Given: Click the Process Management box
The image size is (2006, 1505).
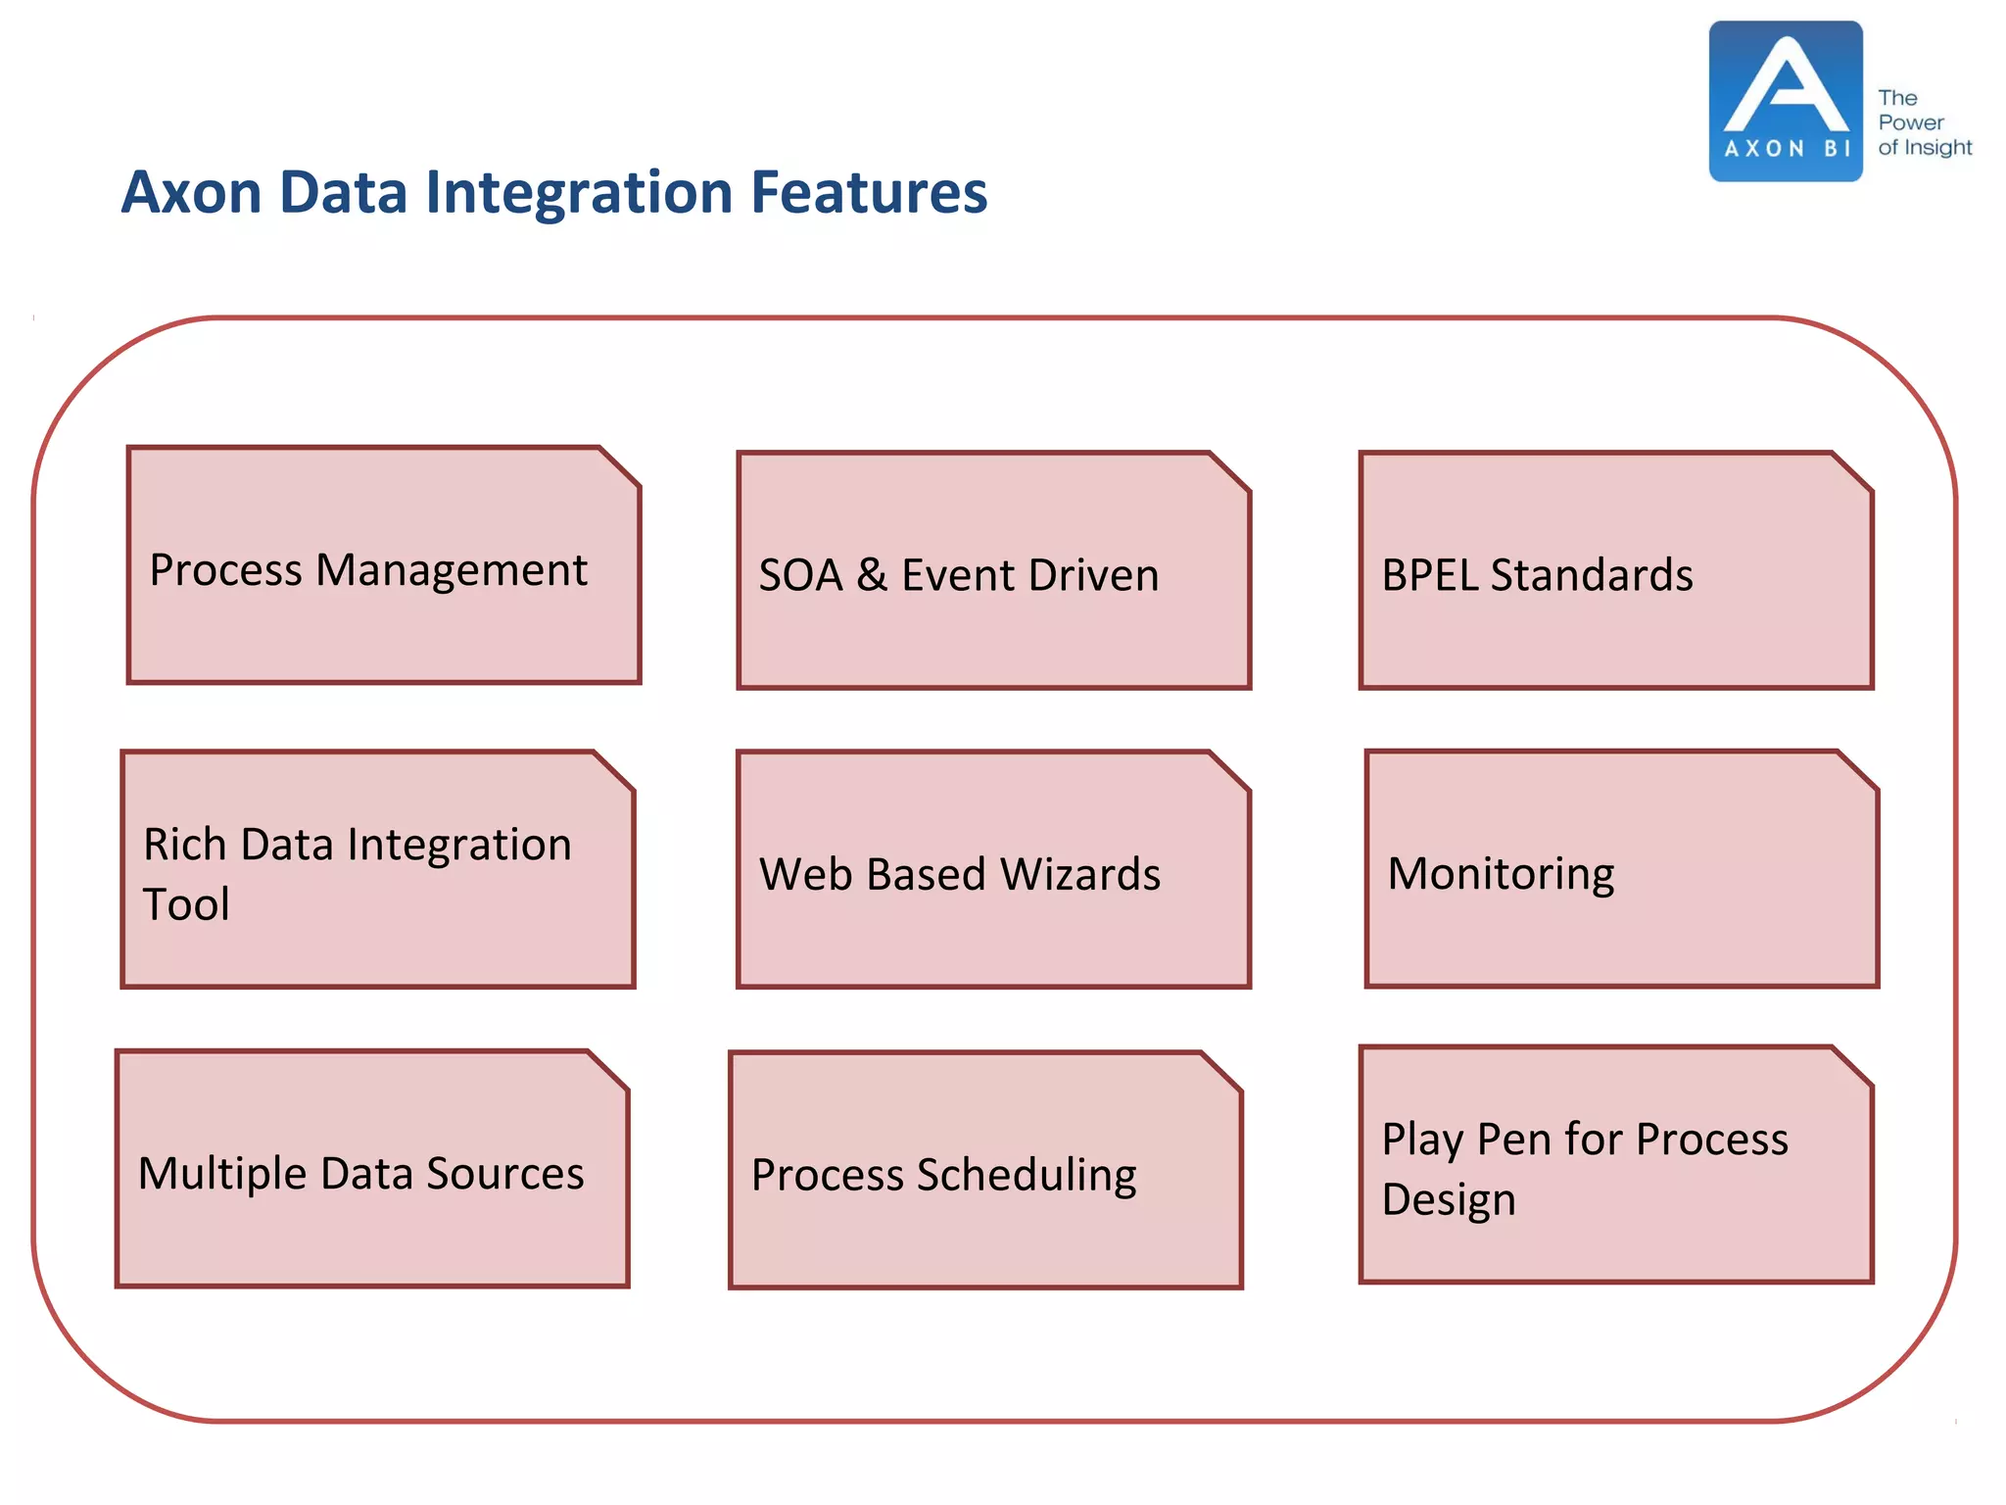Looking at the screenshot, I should [x=383, y=565].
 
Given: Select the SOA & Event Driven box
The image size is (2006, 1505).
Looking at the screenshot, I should [x=993, y=571].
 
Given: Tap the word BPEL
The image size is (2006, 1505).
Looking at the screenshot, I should [x=1430, y=575].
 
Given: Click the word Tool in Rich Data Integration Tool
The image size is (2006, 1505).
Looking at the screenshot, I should [x=186, y=904].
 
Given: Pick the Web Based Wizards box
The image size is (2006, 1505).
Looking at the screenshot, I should [x=993, y=870].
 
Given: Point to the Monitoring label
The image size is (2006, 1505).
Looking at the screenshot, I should [x=1501, y=873].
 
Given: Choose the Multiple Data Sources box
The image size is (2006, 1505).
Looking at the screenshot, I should [x=372, y=1169].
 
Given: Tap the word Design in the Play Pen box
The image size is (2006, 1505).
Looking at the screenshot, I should [x=1448, y=1200].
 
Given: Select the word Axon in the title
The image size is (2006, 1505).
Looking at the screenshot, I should [x=192, y=192].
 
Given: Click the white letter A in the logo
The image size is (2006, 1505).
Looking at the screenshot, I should [x=1786, y=88].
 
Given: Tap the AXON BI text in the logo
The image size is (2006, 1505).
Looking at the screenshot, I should [x=1786, y=149].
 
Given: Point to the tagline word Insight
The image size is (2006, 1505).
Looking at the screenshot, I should [x=1937, y=148].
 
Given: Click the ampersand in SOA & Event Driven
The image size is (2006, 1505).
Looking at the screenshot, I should [x=872, y=575].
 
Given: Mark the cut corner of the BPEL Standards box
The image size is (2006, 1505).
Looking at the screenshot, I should [x=1852, y=471].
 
